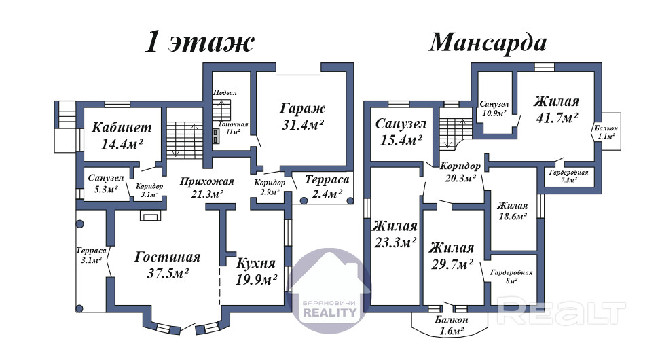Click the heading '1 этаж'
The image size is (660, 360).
pos(200,42)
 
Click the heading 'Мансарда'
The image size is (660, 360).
pos(488,43)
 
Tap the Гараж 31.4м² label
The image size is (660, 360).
pos(303,116)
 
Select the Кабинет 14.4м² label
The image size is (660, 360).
pos(122,135)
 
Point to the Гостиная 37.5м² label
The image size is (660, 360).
pos(168,265)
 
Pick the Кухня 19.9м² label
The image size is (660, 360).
pos(256,271)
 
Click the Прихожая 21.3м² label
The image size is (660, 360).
pos(206,187)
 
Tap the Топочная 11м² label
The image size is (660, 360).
pos(233,128)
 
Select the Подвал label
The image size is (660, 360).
pos(225,92)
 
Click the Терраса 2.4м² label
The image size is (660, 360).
pos(327,187)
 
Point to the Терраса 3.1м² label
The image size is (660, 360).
pos(92,255)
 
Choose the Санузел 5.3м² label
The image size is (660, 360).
pos(106,183)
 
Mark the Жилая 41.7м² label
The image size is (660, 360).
pos(557,109)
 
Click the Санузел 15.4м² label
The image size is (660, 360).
pos(401,132)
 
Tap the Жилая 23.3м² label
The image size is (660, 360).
pos(395,234)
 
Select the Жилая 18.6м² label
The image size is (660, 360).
pos(512,211)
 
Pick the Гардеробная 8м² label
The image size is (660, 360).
pos(511,276)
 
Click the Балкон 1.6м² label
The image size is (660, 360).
pos(452,325)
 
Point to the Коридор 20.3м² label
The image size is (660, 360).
pos(460,172)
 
